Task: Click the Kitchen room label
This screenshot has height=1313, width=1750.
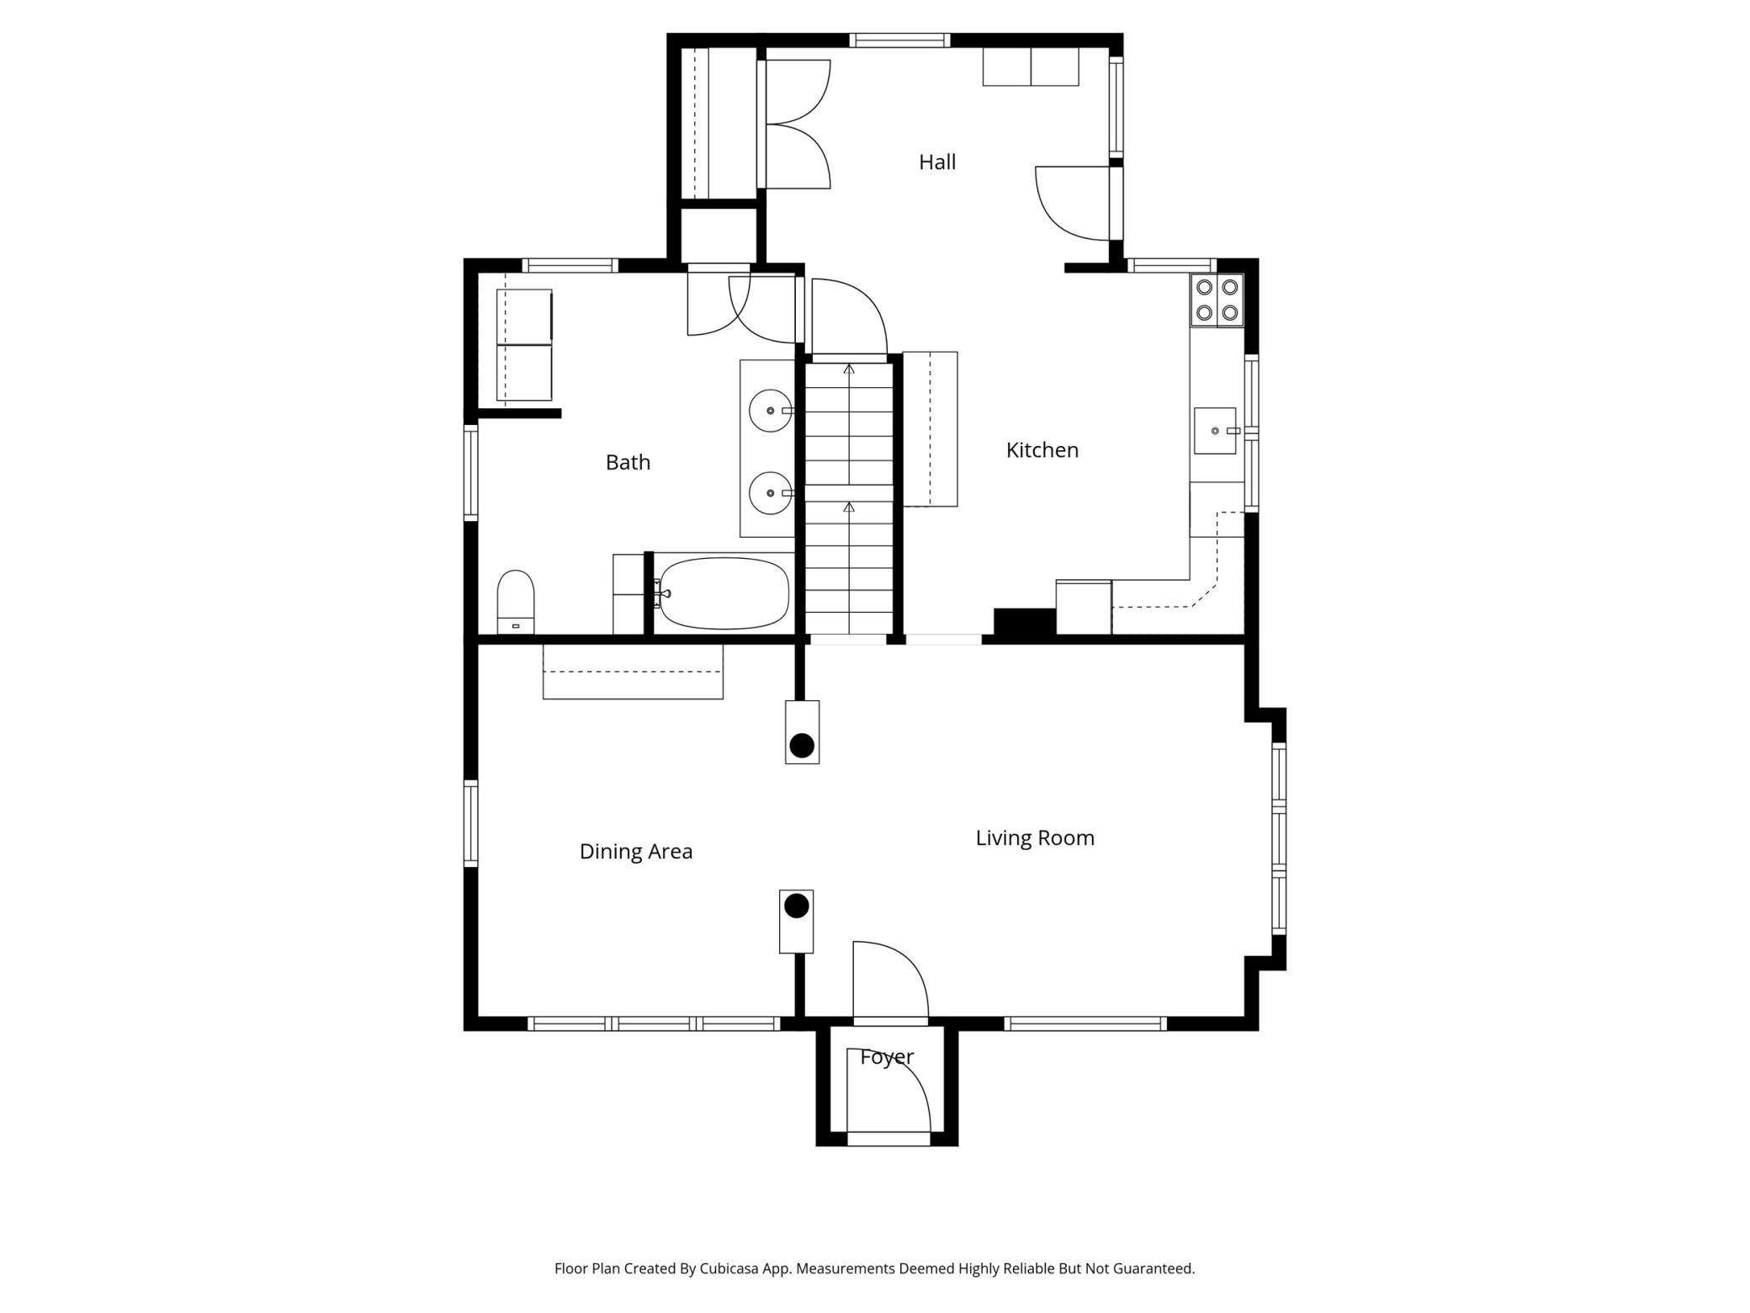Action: (1042, 450)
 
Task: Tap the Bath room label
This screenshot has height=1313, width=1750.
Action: (628, 462)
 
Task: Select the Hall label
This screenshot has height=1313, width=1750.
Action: (937, 162)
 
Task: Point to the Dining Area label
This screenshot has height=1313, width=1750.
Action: (636, 852)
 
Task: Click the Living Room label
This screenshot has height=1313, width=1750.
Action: (1035, 838)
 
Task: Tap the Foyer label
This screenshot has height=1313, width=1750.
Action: (887, 1057)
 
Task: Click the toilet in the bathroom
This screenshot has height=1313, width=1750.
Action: (516, 602)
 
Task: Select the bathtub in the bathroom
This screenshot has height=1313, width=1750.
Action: (724, 593)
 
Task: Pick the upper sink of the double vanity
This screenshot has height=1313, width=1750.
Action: (771, 411)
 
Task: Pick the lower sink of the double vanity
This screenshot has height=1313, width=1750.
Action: (771, 493)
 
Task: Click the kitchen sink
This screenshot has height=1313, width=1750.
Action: (1216, 431)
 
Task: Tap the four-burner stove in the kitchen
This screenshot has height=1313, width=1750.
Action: (1217, 300)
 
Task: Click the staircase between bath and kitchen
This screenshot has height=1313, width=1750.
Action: (849, 498)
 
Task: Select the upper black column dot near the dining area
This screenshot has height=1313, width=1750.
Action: (802, 745)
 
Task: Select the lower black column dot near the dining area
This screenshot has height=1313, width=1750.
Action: (797, 906)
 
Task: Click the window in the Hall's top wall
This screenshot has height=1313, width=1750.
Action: (899, 40)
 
